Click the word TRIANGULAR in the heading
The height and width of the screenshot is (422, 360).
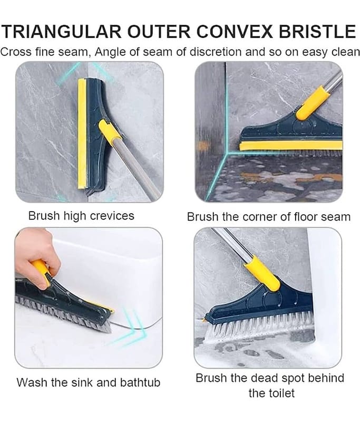(x=62, y=32)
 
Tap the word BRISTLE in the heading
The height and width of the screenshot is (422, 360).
(x=317, y=32)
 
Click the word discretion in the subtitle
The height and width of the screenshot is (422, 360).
(x=216, y=52)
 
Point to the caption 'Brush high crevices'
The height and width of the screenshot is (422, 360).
(x=81, y=216)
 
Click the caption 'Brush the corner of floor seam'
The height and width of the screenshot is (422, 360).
(x=269, y=217)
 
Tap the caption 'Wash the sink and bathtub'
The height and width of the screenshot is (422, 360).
(x=88, y=382)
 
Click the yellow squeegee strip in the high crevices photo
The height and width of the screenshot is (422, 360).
(x=82, y=134)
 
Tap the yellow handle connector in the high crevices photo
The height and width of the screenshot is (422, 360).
(x=110, y=132)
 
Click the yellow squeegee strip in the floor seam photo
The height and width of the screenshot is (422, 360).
(x=290, y=146)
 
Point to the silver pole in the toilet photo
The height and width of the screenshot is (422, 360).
(x=232, y=244)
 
